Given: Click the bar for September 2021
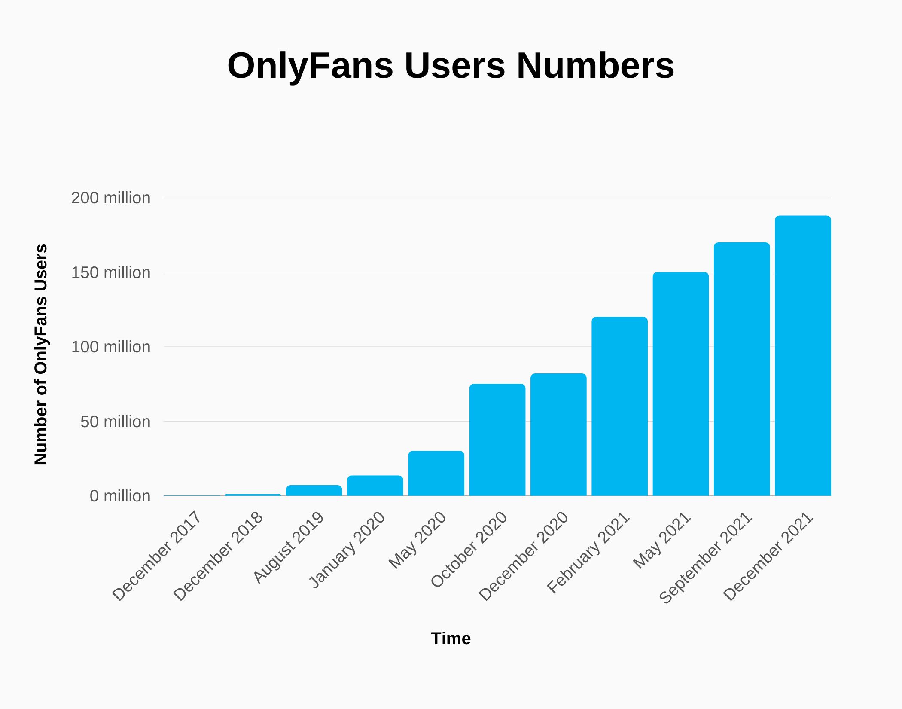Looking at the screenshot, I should tap(742, 370).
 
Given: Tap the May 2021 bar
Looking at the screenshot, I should tap(681, 384).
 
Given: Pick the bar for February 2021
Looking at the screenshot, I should tap(619, 406).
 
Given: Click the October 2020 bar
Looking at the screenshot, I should tap(497, 440).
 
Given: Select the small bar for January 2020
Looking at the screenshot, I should tap(375, 486).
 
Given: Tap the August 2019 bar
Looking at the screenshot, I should tap(314, 491).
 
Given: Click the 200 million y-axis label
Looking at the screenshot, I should tap(111, 198).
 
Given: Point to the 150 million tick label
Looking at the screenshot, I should tap(111, 273).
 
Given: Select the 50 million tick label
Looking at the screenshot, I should tap(115, 422).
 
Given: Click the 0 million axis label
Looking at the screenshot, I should tap(120, 496).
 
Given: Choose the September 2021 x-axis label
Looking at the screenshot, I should tap(705, 558).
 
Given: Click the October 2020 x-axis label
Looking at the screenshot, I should tap(469, 550).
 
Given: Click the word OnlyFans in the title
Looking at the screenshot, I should tap(310, 66).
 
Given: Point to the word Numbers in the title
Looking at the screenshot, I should tap(595, 66).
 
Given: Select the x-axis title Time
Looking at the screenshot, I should tap(451, 639).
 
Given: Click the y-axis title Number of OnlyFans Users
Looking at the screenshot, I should tap(41, 354).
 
